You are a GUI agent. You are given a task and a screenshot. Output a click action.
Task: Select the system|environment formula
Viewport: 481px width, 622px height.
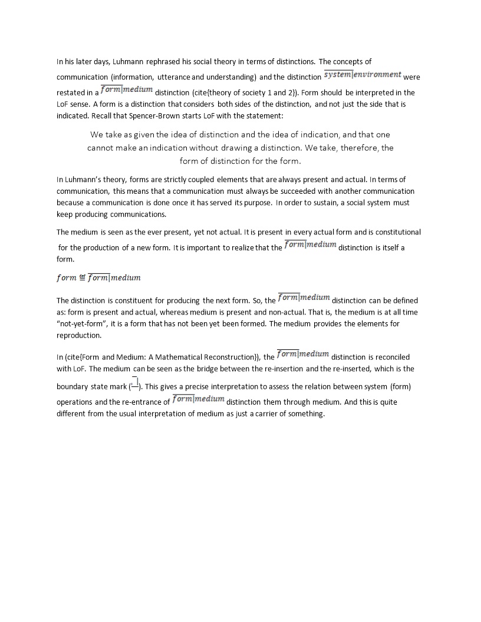pos(363,75)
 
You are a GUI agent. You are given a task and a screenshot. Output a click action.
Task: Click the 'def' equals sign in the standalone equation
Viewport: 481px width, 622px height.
pos(83,277)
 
